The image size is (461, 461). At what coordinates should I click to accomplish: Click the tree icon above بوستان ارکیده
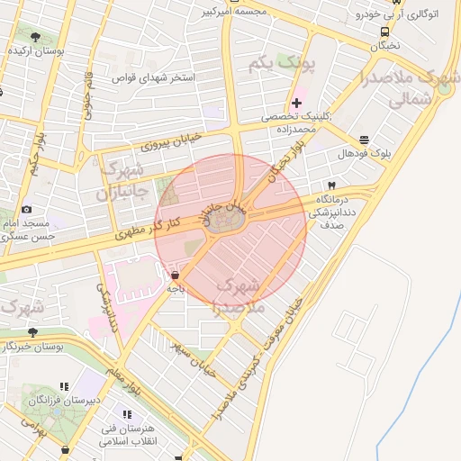[x=35, y=37]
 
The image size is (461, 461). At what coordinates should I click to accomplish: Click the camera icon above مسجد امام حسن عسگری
[x=26, y=210]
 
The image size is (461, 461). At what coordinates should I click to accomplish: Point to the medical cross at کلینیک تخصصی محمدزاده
[x=296, y=104]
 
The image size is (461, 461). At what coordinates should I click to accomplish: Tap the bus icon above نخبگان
[x=385, y=31]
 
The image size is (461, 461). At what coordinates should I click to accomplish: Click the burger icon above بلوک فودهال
[x=363, y=140]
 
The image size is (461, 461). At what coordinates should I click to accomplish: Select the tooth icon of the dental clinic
[x=331, y=185]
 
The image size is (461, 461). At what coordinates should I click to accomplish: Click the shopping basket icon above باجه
[x=175, y=276]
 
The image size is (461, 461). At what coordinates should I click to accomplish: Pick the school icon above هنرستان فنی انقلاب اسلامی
[x=126, y=414]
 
